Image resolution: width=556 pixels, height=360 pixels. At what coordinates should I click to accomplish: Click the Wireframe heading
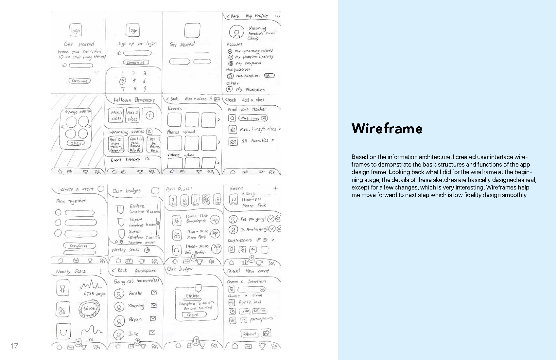[387, 129]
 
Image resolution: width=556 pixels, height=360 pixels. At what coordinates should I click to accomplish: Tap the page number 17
[14, 346]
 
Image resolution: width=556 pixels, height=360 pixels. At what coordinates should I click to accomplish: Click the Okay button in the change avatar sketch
[76, 143]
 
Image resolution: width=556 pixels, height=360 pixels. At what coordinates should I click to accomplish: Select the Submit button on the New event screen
[250, 334]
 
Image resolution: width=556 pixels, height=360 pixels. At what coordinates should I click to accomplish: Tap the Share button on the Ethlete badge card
[194, 315]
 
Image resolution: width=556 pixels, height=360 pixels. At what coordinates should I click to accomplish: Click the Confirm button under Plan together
[79, 246]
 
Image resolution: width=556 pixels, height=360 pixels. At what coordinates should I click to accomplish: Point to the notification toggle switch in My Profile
[269, 76]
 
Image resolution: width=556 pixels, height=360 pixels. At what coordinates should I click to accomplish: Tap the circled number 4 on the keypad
[122, 81]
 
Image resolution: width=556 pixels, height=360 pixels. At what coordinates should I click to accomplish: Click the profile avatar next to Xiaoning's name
[236, 32]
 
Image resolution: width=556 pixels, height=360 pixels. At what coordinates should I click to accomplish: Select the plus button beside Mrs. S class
[150, 115]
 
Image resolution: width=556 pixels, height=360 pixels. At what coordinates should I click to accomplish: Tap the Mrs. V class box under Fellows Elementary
[116, 116]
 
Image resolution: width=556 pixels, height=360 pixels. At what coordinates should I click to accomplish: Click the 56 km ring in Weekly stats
[89, 309]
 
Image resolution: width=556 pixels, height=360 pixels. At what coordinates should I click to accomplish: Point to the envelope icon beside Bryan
[153, 318]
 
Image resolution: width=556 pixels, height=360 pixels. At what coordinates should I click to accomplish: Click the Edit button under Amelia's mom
[253, 38]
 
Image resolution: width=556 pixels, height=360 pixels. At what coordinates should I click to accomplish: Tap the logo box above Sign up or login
[133, 30]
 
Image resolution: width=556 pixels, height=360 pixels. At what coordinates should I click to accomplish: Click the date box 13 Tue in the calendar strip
[217, 200]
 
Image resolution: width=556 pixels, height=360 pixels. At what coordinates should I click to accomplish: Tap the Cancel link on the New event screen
[233, 271]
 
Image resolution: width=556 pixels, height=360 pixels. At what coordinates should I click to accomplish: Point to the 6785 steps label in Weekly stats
[95, 294]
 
